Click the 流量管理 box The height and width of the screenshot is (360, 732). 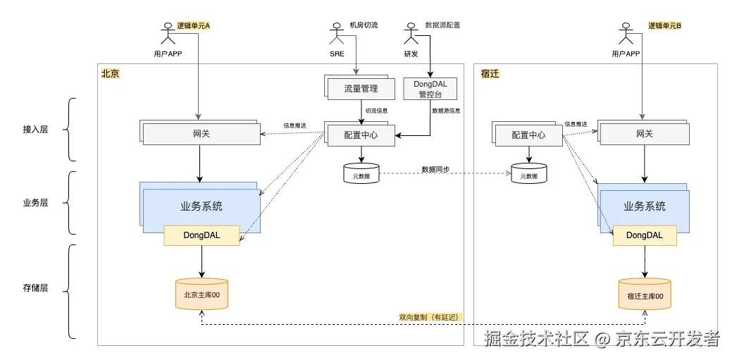[x=361, y=89]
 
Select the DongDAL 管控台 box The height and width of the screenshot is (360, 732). [x=430, y=89]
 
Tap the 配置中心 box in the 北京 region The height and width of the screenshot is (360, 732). [x=361, y=135]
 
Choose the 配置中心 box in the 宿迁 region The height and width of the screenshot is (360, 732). [x=529, y=135]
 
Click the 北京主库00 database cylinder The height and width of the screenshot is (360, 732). [x=202, y=294]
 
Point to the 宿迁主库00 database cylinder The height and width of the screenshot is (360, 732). [x=645, y=296]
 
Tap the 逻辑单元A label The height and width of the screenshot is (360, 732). [x=194, y=25]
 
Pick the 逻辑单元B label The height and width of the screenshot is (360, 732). [x=665, y=25]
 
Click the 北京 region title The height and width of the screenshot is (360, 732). [x=111, y=73]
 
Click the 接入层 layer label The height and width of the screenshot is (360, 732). [x=35, y=130]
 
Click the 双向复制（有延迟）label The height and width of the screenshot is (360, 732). [x=428, y=317]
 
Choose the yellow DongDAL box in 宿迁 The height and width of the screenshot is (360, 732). [x=645, y=235]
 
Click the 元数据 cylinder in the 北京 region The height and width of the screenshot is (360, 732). [x=361, y=174]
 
